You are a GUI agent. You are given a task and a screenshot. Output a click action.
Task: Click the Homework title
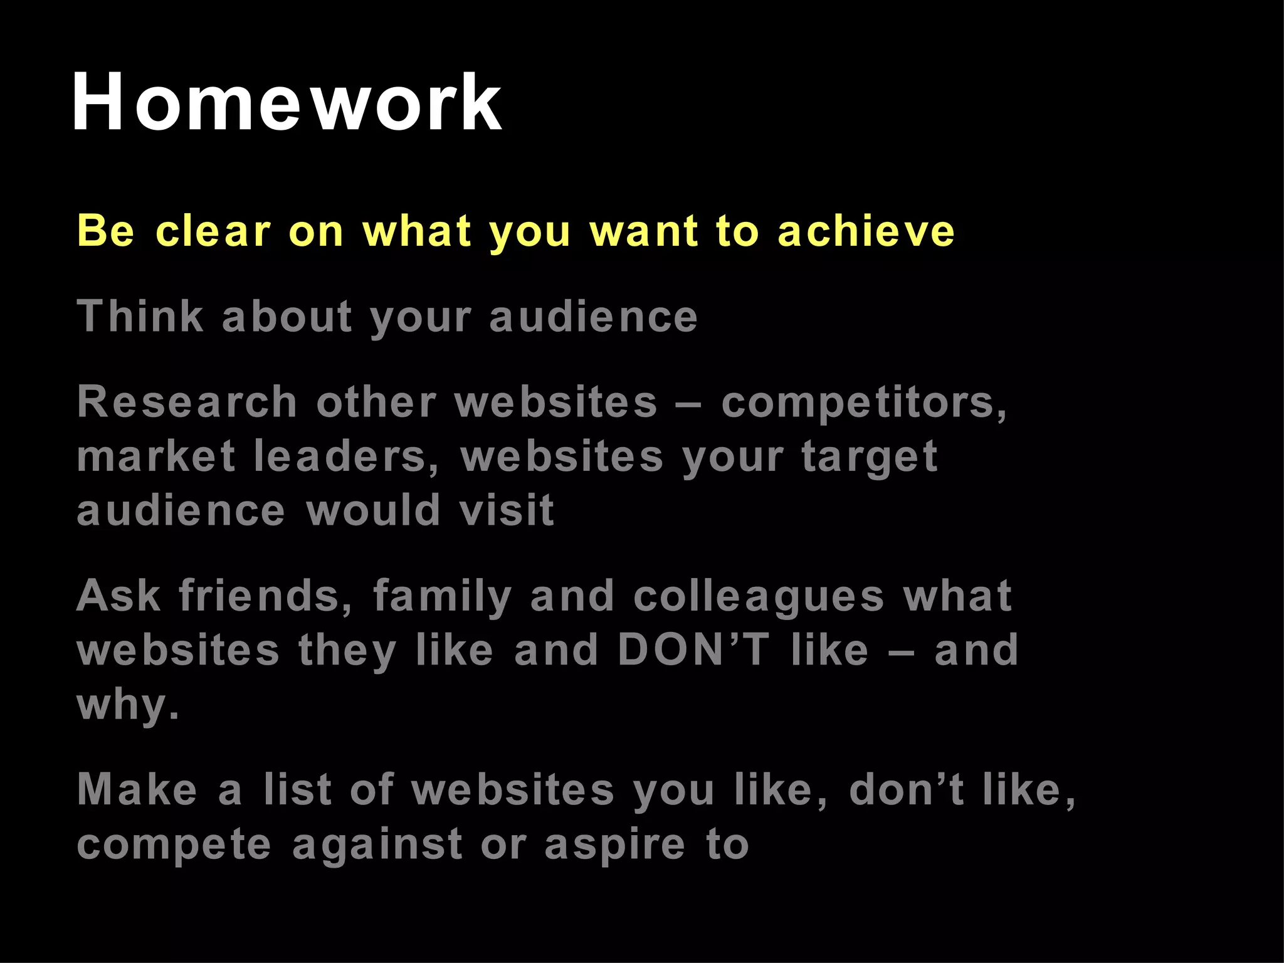tap(287, 102)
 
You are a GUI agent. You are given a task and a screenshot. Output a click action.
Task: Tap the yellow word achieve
tap(866, 231)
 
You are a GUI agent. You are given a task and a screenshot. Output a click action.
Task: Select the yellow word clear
tap(213, 231)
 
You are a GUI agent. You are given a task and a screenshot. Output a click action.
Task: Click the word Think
tap(140, 316)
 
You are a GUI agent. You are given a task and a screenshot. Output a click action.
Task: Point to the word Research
tap(187, 402)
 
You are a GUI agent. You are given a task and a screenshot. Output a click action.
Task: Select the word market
tap(156, 456)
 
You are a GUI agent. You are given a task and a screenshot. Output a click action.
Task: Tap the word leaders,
tap(347, 456)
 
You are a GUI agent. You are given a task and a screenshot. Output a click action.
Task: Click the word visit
tap(507, 510)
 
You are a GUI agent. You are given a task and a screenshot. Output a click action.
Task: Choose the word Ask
tap(118, 595)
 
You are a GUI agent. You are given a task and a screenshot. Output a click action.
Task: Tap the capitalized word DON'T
tap(693, 650)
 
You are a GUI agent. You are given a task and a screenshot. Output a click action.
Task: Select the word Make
tap(137, 789)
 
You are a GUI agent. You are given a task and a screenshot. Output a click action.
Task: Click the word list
tap(297, 789)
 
